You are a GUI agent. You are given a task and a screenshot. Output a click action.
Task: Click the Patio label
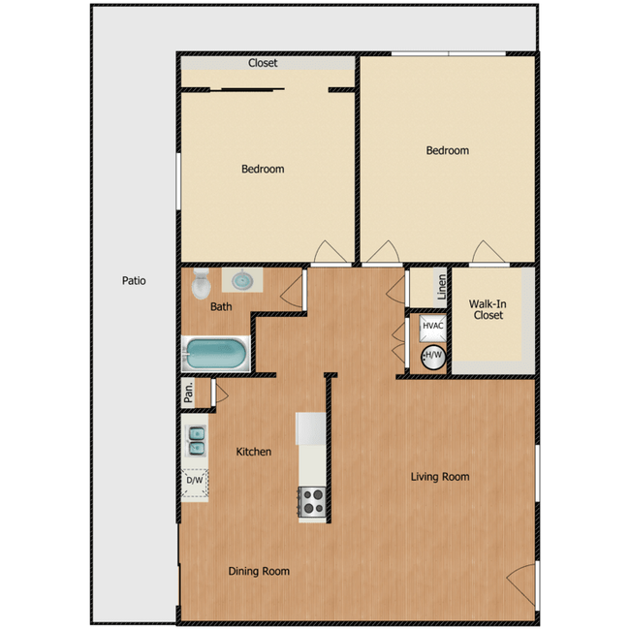tap(134, 281)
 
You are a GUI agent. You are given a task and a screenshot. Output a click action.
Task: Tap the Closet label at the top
tap(263, 63)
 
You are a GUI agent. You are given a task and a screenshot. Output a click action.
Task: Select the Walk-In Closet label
tap(489, 309)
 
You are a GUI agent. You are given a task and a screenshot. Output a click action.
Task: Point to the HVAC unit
tap(432, 326)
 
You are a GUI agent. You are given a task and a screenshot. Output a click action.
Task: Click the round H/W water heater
tap(432, 356)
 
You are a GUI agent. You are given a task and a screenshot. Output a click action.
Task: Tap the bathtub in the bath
tap(216, 354)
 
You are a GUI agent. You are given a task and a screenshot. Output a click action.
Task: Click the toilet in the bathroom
tap(201, 283)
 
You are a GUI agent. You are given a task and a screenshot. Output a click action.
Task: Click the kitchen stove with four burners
tap(311, 501)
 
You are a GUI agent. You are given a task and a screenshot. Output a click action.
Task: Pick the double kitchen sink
tap(195, 441)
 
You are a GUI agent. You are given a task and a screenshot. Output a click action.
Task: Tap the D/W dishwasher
tap(195, 480)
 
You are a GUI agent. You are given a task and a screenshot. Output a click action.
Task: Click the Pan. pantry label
tap(190, 392)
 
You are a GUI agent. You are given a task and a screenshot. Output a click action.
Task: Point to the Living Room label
tap(440, 477)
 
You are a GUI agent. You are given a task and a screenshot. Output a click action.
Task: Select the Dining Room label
tap(259, 572)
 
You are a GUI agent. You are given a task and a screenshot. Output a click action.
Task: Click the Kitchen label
tap(254, 452)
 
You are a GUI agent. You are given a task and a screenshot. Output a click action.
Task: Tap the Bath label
tap(221, 307)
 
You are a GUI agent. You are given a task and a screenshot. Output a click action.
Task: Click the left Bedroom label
tap(263, 170)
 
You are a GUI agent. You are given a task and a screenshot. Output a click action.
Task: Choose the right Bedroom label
tap(448, 151)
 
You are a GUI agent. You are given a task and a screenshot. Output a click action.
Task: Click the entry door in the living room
tap(523, 579)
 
